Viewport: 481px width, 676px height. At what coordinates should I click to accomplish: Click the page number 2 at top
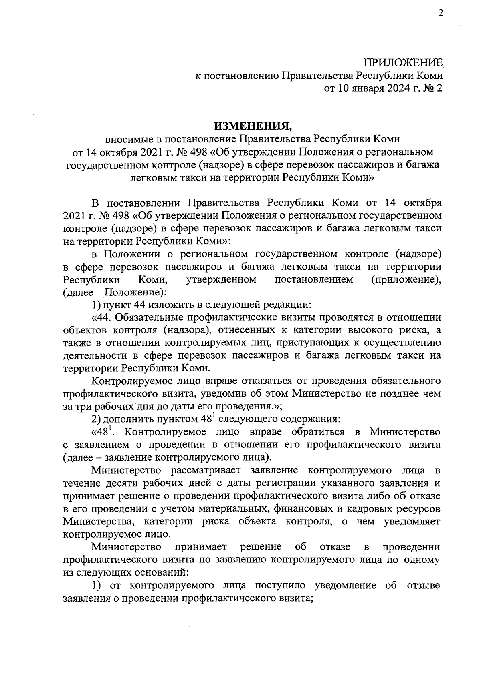(x=441, y=14)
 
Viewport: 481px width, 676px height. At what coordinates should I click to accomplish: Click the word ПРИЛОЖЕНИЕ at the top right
(x=403, y=63)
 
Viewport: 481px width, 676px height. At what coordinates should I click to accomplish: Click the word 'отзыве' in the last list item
(x=423, y=585)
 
